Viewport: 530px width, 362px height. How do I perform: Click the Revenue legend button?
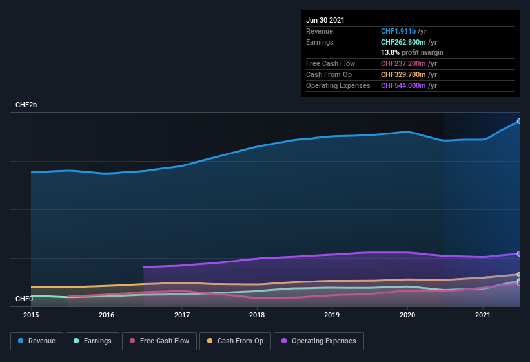[37, 341]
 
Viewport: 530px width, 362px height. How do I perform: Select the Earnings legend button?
[93, 341]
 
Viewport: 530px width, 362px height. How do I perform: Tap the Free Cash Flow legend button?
[159, 341]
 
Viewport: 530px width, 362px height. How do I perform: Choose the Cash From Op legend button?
[235, 341]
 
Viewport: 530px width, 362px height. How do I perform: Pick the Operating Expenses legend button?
[318, 341]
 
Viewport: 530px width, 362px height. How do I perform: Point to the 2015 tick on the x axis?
[31, 315]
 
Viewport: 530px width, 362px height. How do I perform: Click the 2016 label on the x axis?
[107, 315]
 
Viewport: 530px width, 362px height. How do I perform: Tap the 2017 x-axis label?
[181, 315]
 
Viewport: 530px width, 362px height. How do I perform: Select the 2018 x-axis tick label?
[257, 315]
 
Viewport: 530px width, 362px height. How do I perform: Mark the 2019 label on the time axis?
[332, 315]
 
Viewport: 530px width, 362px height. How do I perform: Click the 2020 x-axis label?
[407, 315]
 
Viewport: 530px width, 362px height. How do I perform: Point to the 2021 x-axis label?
[482, 315]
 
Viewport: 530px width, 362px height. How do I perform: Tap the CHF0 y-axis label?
[25, 299]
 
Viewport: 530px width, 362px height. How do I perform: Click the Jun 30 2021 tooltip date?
[325, 20]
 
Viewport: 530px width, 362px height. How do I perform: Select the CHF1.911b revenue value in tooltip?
[398, 31]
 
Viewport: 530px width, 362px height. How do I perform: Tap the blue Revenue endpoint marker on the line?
[518, 121]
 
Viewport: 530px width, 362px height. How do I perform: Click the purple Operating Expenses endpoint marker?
[518, 253]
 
